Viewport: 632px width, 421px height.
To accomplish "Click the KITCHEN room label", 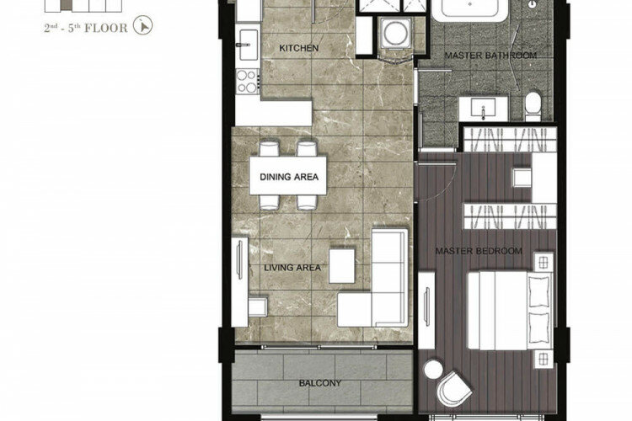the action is pos(298,48).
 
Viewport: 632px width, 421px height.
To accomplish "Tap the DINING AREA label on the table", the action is pos(289,177).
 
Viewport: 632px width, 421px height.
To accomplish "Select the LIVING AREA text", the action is pos(292,268).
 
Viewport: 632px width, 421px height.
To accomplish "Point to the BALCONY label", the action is pos(320,383).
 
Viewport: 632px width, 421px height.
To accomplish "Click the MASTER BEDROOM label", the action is pos(479,251).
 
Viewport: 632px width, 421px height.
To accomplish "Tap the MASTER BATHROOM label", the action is pos(490,56).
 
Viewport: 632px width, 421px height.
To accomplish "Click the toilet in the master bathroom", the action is pos(533,106).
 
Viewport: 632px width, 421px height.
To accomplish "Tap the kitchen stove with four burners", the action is pos(247,82).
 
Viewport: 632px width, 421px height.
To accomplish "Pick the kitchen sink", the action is pos(247,45).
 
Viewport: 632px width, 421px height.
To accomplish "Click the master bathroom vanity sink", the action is pos(484,109).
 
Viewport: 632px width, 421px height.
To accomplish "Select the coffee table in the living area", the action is pos(342,266).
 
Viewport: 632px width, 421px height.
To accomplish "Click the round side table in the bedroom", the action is pos(433,369).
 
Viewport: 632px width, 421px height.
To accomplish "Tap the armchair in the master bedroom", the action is pos(454,389).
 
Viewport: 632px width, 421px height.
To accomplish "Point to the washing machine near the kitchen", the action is pos(396,33).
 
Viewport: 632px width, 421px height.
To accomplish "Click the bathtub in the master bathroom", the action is pos(470,8).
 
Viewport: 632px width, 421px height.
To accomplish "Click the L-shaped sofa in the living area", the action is pos(372,278).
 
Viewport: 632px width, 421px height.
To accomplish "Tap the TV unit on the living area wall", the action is pos(239,282).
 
